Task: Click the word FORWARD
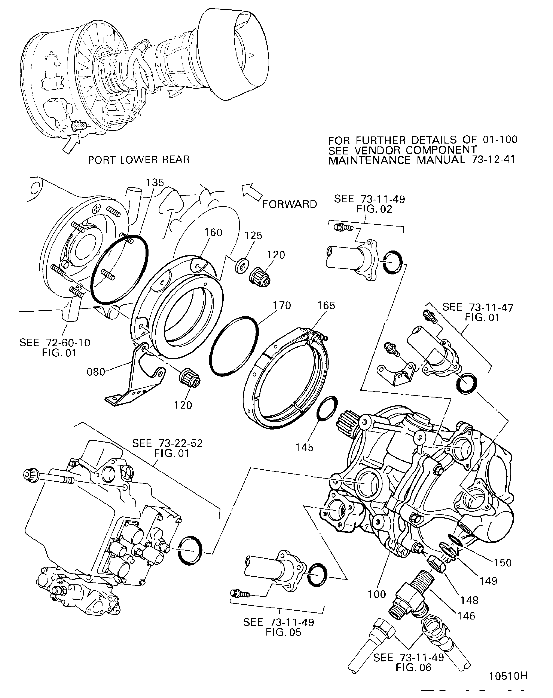coord(290,204)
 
